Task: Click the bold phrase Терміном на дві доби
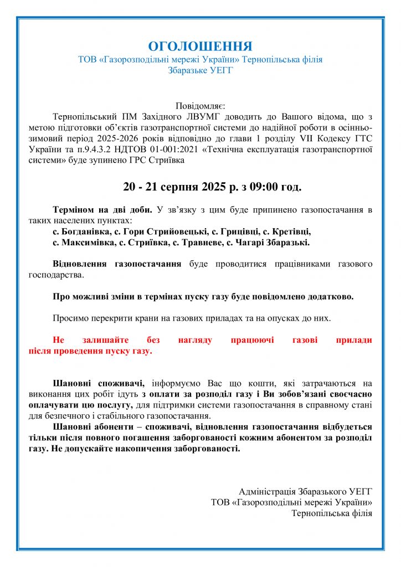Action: [102, 210]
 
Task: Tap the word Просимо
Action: [70, 318]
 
